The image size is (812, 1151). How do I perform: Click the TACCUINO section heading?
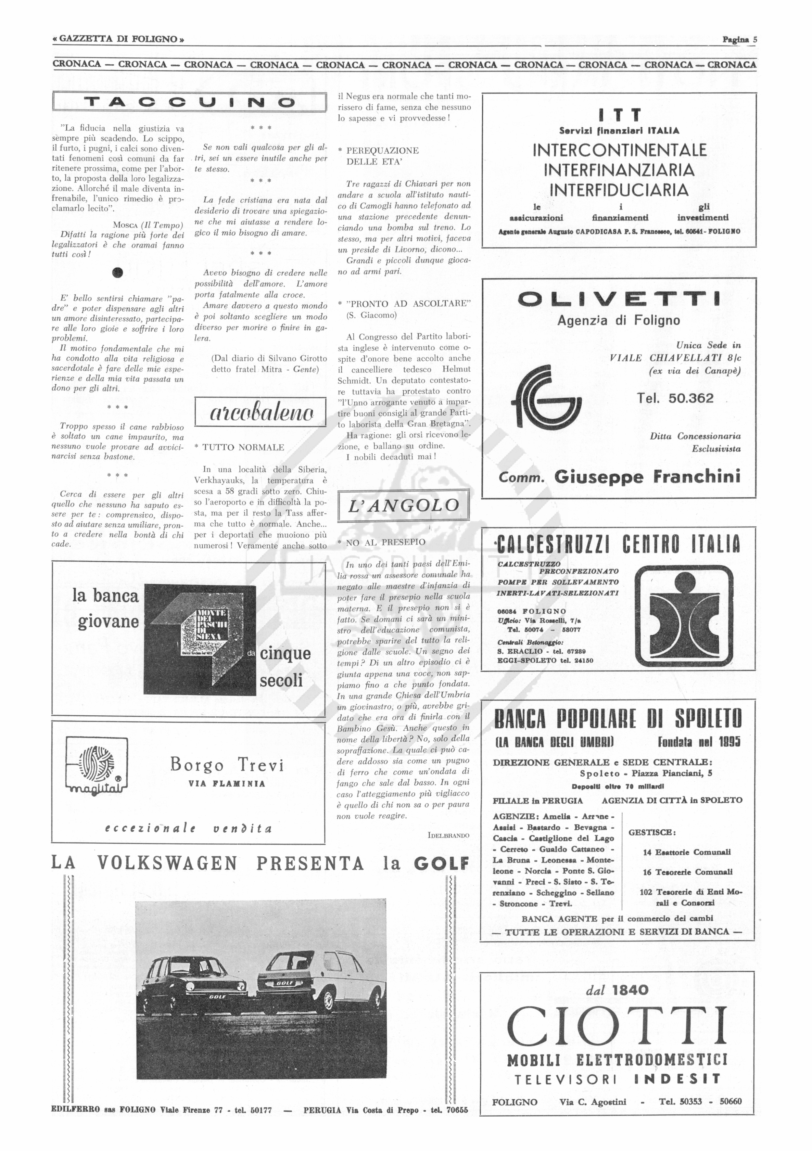click(189, 103)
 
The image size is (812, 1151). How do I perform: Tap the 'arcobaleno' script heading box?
click(260, 413)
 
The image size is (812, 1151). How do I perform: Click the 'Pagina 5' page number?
click(739, 40)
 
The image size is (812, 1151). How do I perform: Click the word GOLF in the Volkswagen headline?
click(441, 863)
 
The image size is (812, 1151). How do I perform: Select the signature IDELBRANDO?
click(449, 835)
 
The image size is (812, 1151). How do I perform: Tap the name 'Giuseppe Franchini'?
click(647, 476)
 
